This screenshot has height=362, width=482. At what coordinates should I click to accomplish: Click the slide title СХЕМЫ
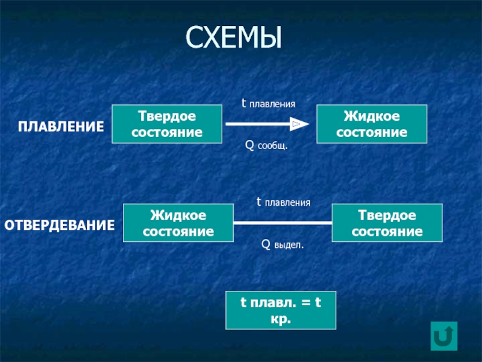[x=233, y=37]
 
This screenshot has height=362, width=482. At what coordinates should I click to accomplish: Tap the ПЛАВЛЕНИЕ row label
[x=60, y=127]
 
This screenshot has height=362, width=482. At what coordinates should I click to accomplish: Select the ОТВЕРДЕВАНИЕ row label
[x=60, y=226]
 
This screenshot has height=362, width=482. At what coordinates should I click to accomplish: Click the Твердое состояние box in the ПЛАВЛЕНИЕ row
[x=167, y=124]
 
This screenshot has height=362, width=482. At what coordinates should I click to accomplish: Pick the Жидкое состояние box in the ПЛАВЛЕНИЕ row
[x=372, y=124]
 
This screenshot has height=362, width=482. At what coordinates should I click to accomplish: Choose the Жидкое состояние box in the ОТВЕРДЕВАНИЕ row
[x=178, y=223]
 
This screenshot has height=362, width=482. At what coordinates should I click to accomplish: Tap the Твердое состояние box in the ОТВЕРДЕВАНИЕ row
[x=387, y=223]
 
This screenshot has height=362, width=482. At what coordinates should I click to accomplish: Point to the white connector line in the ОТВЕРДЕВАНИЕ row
[x=283, y=223]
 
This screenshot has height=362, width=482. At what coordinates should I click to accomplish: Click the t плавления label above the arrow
[x=268, y=104]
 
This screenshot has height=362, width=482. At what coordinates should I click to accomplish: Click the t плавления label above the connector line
[x=283, y=203]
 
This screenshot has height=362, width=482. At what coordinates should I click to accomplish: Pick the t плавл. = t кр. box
[x=281, y=311]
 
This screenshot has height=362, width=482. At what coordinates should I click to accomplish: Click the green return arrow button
[x=445, y=335]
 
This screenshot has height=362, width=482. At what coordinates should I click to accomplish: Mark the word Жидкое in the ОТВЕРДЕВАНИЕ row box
[x=178, y=215]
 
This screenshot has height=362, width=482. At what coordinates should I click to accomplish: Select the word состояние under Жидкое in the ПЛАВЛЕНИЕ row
[x=372, y=132]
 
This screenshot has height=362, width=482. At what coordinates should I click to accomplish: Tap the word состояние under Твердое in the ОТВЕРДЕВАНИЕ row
[x=387, y=232]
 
